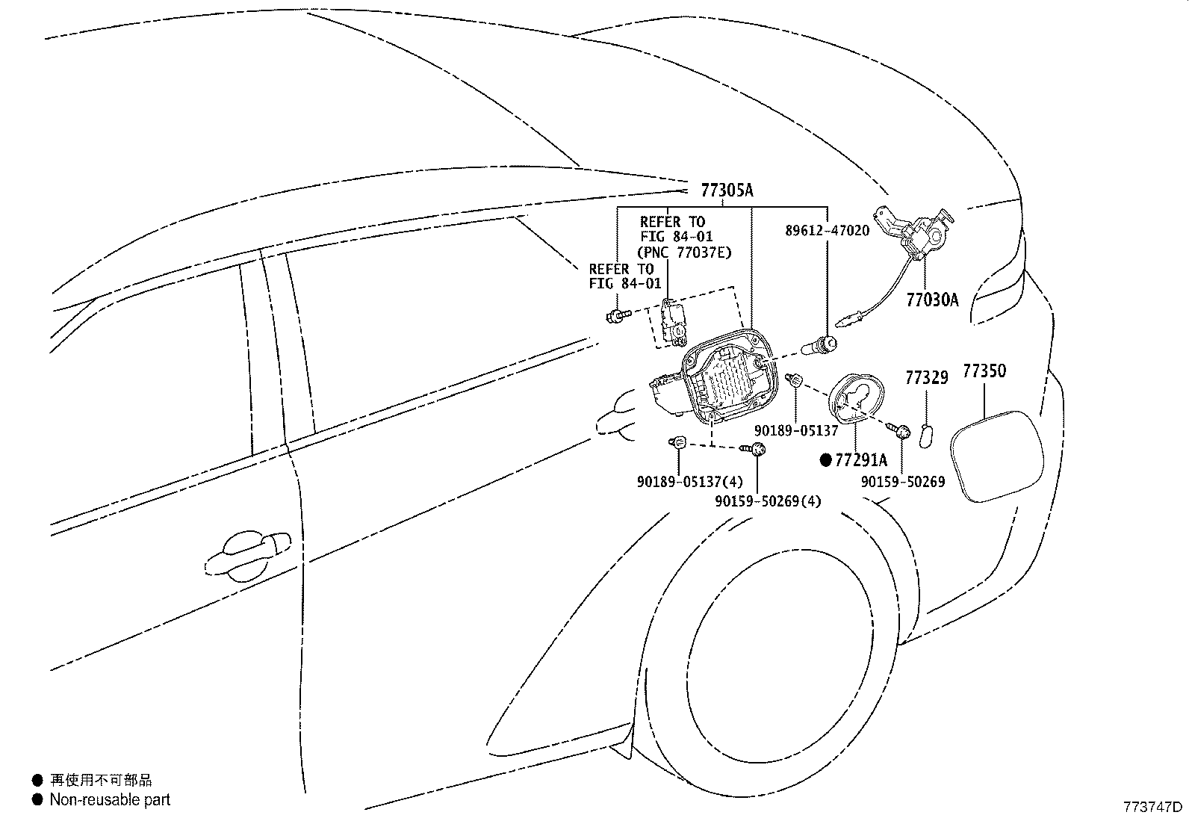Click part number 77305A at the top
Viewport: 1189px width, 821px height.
pos(727,191)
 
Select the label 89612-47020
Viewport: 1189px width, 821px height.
pos(827,231)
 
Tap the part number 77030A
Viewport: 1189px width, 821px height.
pos(931,300)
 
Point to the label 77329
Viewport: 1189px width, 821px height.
pos(926,378)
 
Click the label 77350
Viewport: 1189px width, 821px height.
pos(984,371)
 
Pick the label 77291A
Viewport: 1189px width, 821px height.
pos(860,460)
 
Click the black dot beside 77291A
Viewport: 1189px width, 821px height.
pos(825,460)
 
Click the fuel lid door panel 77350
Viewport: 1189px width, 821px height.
pos(997,456)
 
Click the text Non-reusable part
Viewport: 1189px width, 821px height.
pos(110,799)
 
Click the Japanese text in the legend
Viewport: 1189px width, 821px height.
pos(101,781)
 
